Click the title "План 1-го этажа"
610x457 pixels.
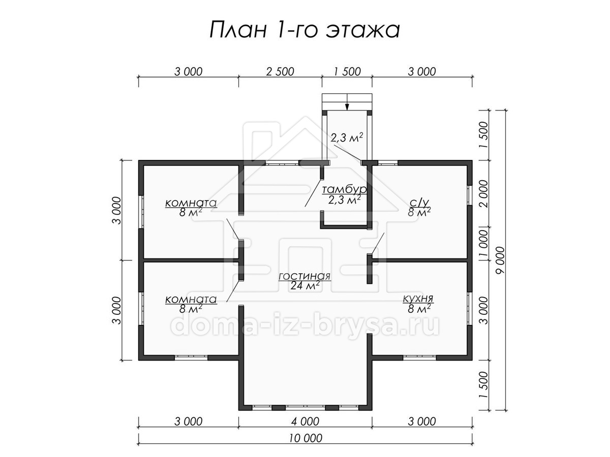[x=304, y=30]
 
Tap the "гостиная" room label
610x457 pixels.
[x=304, y=276]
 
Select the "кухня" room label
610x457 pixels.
[x=418, y=299]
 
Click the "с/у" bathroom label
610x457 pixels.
[x=419, y=203]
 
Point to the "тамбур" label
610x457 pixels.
[x=345, y=190]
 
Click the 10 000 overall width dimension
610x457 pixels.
[x=306, y=438]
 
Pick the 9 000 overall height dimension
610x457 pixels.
[x=500, y=260]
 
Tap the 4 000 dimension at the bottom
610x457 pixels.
[x=305, y=422]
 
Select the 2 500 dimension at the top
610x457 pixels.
[x=280, y=72]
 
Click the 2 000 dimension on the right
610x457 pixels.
[x=483, y=193]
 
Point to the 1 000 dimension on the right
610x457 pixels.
[x=483, y=243]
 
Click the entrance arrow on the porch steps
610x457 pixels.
[x=347, y=102]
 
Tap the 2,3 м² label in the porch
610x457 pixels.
[x=347, y=137]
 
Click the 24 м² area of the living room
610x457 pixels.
[x=305, y=285]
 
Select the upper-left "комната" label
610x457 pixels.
[x=191, y=203]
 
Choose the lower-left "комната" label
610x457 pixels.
[x=191, y=300]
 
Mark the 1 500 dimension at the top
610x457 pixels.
[x=347, y=72]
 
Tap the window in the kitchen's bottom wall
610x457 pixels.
[x=420, y=357]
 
